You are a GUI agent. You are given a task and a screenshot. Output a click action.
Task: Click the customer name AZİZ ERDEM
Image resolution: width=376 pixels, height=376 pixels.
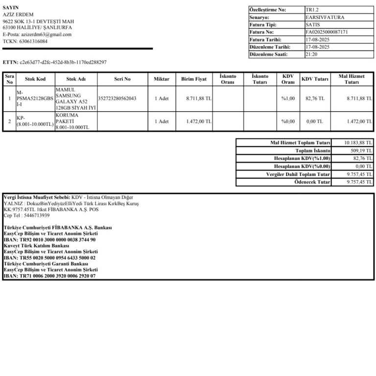18,15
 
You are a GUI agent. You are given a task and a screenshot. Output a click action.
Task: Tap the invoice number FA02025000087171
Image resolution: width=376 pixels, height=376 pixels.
327,32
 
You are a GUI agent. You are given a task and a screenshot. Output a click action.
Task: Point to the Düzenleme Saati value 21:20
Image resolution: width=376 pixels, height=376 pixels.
310,54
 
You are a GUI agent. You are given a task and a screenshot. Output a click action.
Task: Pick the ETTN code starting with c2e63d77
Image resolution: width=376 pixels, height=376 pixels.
63,62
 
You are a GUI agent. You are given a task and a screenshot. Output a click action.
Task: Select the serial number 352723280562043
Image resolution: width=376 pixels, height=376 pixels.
117,98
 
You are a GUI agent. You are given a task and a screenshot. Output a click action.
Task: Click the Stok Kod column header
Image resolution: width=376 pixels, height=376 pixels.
35,79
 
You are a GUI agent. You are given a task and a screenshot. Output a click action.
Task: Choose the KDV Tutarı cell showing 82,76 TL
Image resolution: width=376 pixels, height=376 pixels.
315,98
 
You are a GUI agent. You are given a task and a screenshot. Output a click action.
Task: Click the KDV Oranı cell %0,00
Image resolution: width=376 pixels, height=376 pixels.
288,121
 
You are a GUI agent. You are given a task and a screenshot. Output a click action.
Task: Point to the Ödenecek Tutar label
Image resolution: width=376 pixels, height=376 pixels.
312,182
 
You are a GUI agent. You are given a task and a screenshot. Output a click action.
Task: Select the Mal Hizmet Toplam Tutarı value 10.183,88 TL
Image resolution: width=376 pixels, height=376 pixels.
358,142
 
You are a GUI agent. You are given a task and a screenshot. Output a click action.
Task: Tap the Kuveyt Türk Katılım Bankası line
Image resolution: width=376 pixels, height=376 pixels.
36,246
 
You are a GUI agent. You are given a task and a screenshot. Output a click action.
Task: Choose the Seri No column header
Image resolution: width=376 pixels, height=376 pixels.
122,79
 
